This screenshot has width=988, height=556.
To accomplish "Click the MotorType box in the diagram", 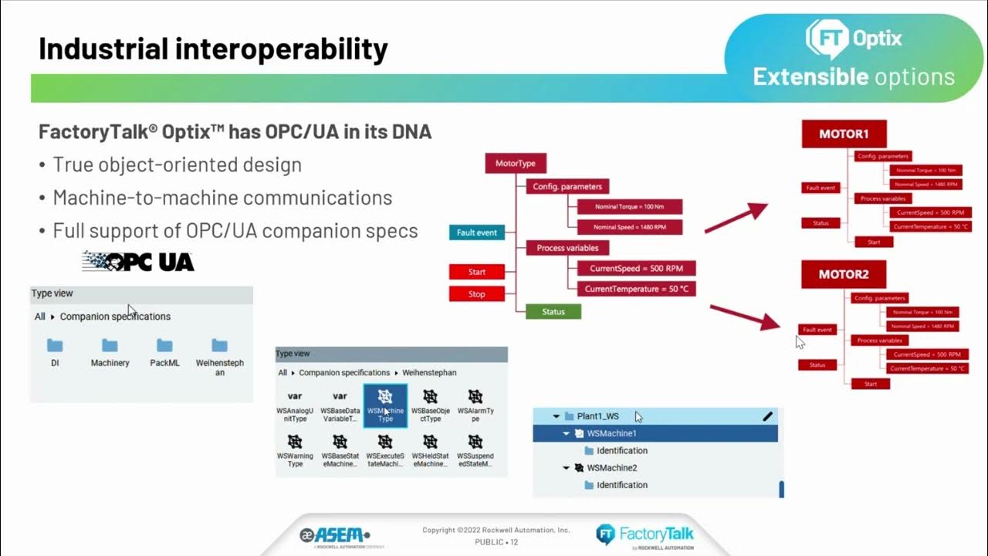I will point(516,163).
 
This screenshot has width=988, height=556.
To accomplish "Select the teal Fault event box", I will point(476,232).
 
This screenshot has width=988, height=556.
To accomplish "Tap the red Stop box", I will point(476,294).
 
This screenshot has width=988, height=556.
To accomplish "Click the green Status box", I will point(553,312).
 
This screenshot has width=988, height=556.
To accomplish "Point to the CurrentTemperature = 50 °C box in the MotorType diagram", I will point(636,289).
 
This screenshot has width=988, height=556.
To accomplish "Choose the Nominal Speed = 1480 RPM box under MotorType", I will point(630,227).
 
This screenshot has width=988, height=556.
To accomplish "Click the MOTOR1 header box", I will point(843,134).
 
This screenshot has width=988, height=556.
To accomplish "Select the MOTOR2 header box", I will point(843,274).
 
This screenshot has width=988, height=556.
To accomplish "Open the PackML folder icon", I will point(164,345).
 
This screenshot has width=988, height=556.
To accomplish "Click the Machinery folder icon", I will point(110,345).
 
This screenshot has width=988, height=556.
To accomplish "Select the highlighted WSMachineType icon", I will point(385,397).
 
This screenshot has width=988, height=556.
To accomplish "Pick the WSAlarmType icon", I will point(475,397).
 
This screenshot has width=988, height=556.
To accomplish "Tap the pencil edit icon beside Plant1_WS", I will point(767,416).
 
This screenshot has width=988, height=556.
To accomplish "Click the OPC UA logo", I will point(138,262).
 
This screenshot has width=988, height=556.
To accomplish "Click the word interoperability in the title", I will point(280,49).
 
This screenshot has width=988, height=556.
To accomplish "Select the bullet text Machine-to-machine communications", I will point(222,198).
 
